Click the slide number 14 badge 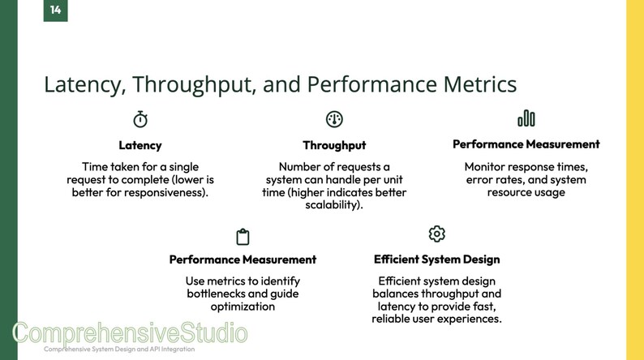55,10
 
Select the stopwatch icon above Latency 140,119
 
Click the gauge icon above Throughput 334,119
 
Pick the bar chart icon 526,119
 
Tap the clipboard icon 243,237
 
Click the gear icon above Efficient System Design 436,234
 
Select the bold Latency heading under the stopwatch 140,146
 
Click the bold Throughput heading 334,146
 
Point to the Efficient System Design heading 436,259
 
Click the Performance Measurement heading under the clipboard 243,259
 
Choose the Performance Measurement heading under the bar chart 526,144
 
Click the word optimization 243,306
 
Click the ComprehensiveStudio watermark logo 130,333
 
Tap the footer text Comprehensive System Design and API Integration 118,349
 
